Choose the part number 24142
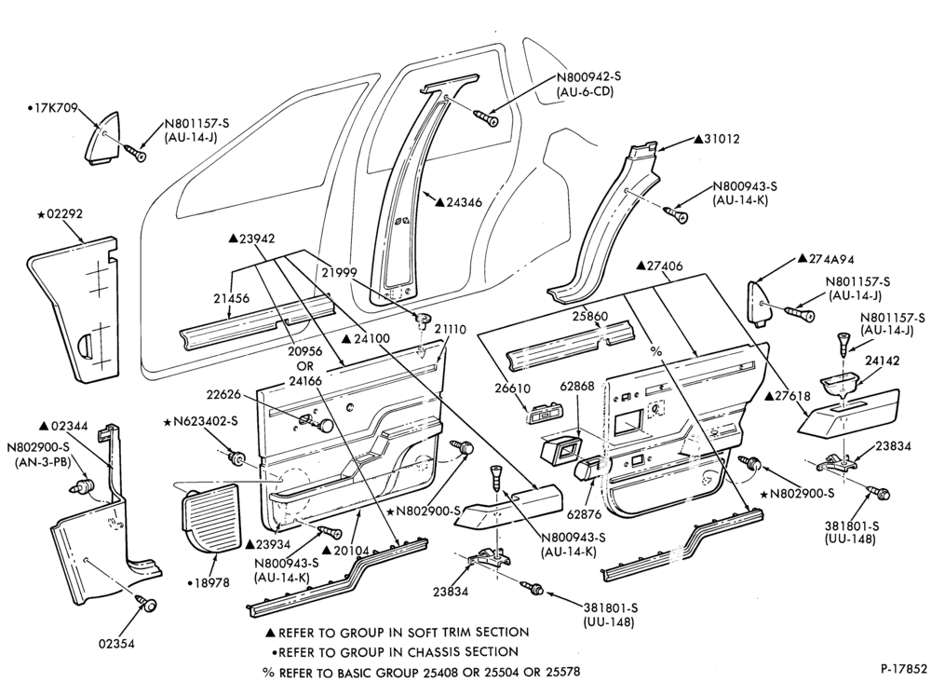point(883,361)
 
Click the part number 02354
point(117,644)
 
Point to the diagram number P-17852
point(903,668)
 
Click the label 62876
point(585,514)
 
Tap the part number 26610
point(512,388)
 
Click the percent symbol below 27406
point(655,351)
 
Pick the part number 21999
point(339,273)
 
